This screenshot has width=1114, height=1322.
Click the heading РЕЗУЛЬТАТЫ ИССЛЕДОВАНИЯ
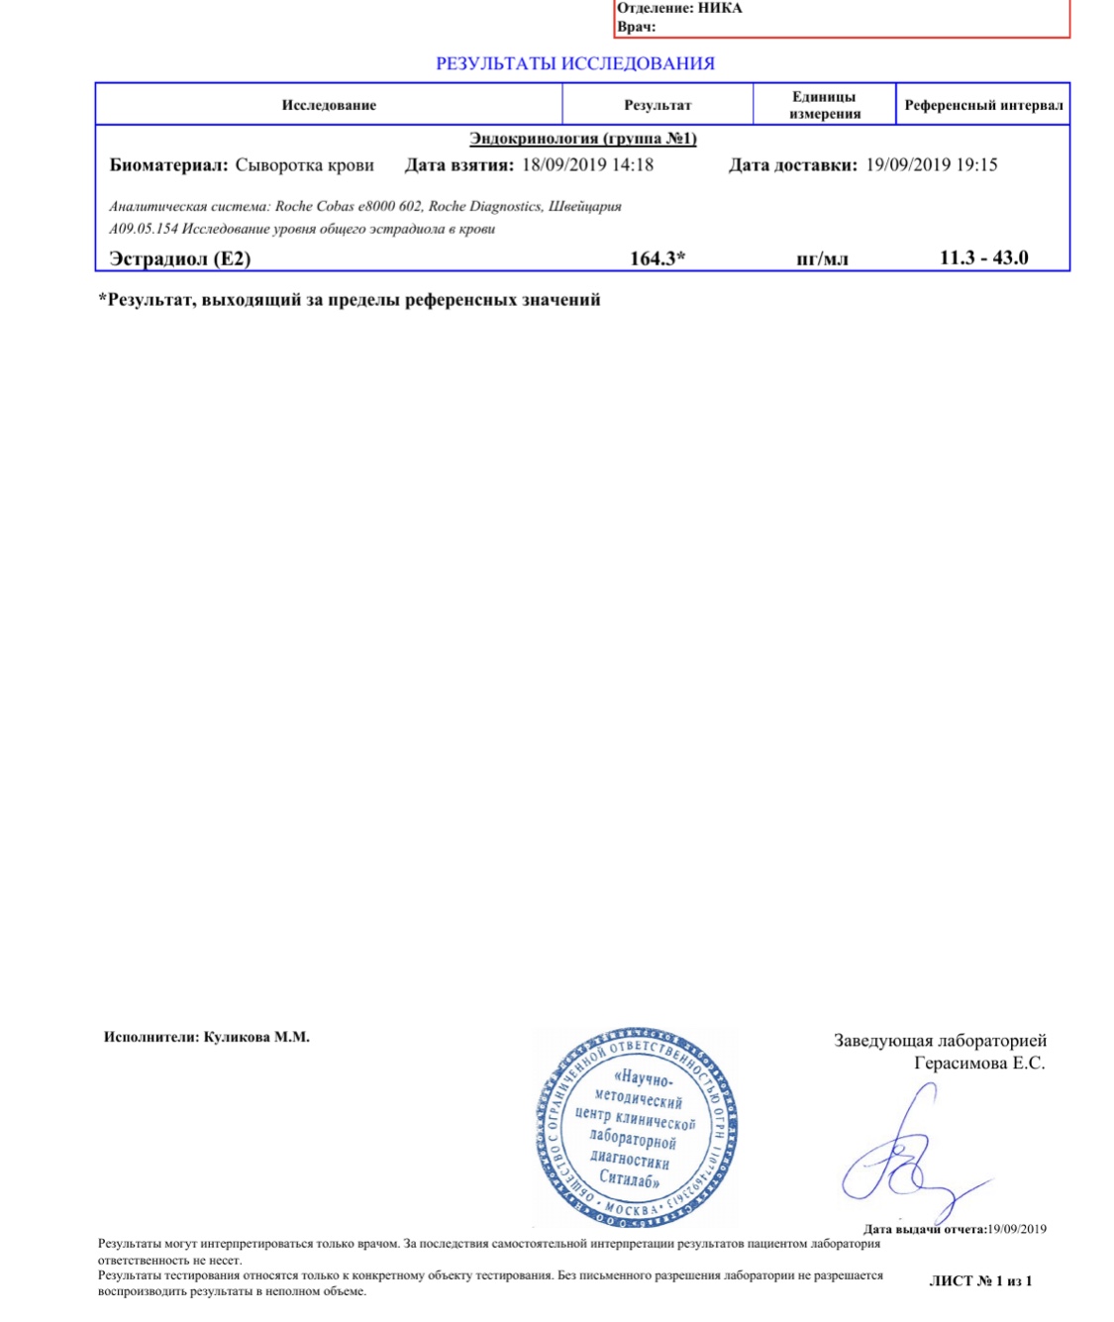point(574,63)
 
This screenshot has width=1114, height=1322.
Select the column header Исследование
point(329,105)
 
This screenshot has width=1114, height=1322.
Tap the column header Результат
point(658,105)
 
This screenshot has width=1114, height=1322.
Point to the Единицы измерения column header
point(824,105)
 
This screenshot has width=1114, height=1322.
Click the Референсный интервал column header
point(983,105)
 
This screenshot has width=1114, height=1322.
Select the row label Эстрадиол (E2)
point(179,259)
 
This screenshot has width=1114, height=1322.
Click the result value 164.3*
point(658,258)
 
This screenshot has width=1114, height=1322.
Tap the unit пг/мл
point(822,259)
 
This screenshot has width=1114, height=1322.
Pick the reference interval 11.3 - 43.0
point(983,257)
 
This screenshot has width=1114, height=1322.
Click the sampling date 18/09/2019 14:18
point(587,165)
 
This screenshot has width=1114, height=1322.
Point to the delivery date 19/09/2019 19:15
point(931,165)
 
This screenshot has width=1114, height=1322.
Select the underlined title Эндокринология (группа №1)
point(583,139)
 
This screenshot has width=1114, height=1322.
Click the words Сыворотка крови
point(304,165)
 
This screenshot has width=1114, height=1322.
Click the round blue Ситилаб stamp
point(637,1127)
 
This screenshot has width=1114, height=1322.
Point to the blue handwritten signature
point(906,1159)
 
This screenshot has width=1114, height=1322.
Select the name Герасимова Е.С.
point(978,1064)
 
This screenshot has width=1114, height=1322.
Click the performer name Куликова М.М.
point(256,1037)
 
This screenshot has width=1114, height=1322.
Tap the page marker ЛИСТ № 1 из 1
point(980,1280)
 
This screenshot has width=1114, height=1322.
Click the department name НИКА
point(720,8)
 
